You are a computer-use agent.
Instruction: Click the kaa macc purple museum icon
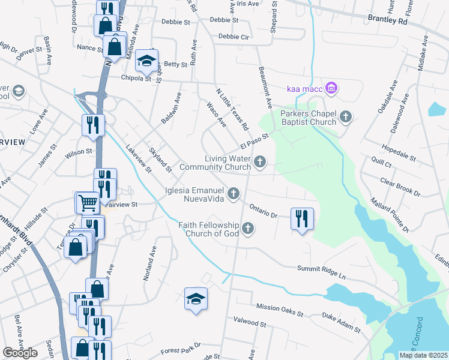click(x=331, y=89)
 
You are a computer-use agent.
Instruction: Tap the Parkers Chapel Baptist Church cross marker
click(x=346, y=116)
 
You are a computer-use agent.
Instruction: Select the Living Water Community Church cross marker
click(x=260, y=161)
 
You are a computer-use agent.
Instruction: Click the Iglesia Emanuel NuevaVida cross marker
click(x=234, y=193)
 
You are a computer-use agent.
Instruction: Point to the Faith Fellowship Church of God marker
click(x=247, y=228)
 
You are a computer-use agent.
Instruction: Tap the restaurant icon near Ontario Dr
click(x=301, y=217)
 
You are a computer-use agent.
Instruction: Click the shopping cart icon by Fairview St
click(x=86, y=203)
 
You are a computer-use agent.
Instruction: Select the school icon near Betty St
click(x=146, y=60)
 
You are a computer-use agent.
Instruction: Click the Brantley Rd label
click(x=387, y=20)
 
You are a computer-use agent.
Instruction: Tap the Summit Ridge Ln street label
click(x=321, y=272)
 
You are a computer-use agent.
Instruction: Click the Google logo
click(x=20, y=353)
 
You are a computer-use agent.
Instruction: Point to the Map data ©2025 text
click(x=423, y=355)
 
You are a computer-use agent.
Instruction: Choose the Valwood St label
click(x=250, y=323)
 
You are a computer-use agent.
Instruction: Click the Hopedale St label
click(x=399, y=152)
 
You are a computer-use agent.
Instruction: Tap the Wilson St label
click(x=79, y=152)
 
